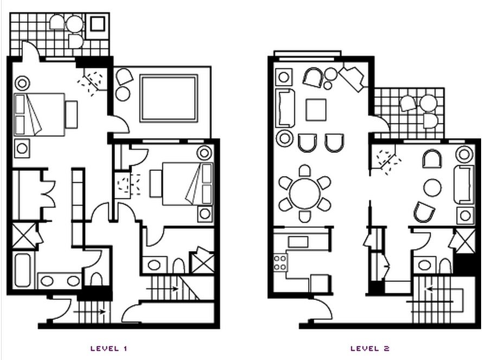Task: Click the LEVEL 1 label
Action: pos(109,349)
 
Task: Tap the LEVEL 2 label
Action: pos(370,349)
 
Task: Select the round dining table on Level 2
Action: pos(305,194)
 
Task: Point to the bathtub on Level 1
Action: pos(23,270)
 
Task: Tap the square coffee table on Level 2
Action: pos(316,110)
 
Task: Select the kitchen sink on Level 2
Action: pos(298,242)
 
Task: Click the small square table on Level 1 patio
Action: pos(98,24)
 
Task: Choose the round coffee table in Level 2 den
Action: pos(433,188)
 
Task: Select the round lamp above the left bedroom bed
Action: pos(22,83)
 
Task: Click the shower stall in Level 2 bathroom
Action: pos(463,241)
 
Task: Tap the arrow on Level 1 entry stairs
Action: pos(89,312)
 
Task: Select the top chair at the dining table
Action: pos(305,171)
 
